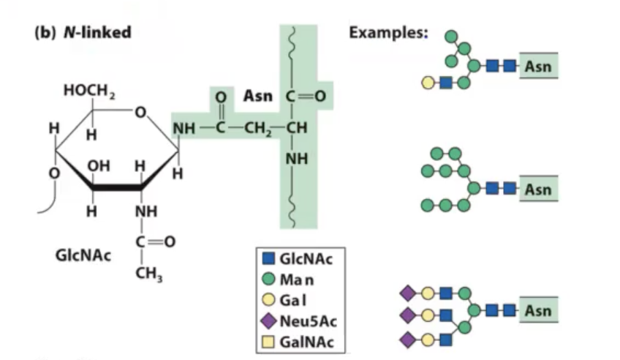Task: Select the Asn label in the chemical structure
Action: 257,95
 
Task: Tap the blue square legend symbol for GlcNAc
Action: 268,258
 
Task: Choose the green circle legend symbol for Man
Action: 268,279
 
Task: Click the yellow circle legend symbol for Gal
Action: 268,300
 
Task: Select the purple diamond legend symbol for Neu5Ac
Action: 268,320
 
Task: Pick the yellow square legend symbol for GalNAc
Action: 268,342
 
